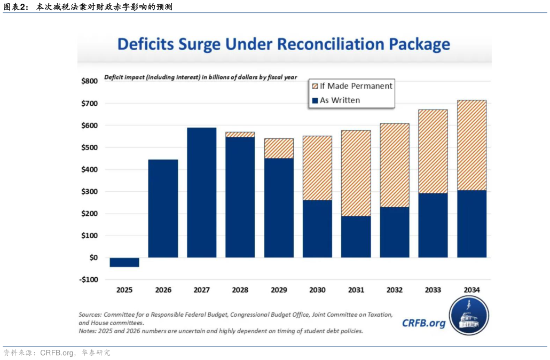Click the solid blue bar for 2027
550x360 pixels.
[201, 192]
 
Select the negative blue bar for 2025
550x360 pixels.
[124, 262]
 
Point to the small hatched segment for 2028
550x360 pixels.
[240, 135]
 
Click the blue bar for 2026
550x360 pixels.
[163, 208]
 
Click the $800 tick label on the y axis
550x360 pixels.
[89, 81]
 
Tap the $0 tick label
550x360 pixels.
[93, 257]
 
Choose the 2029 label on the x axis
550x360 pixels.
[278, 290]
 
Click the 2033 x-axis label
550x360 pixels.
[433, 290]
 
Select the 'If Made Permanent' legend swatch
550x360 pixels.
[315, 86]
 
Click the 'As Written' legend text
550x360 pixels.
[340, 100]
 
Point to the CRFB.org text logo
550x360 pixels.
[423, 323]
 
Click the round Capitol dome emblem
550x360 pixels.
[469, 315]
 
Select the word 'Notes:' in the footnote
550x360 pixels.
[88, 331]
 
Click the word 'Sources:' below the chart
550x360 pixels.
[90, 315]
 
